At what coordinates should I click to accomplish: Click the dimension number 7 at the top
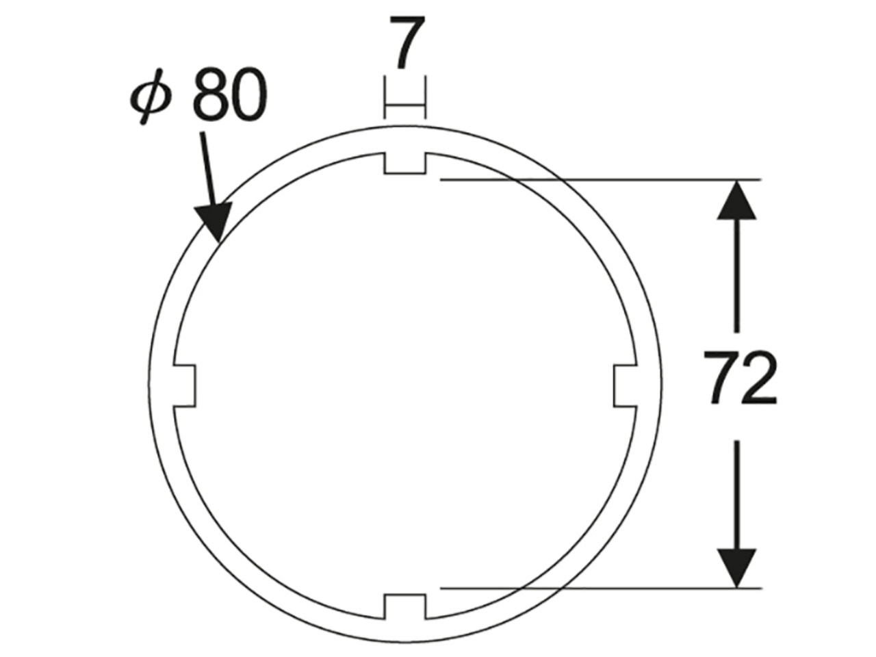click(407, 42)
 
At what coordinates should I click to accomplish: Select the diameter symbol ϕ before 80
click(151, 96)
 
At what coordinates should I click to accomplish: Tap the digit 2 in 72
click(759, 377)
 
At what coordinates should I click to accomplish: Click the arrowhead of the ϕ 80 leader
click(214, 222)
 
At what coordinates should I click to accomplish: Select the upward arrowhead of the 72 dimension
click(736, 201)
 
